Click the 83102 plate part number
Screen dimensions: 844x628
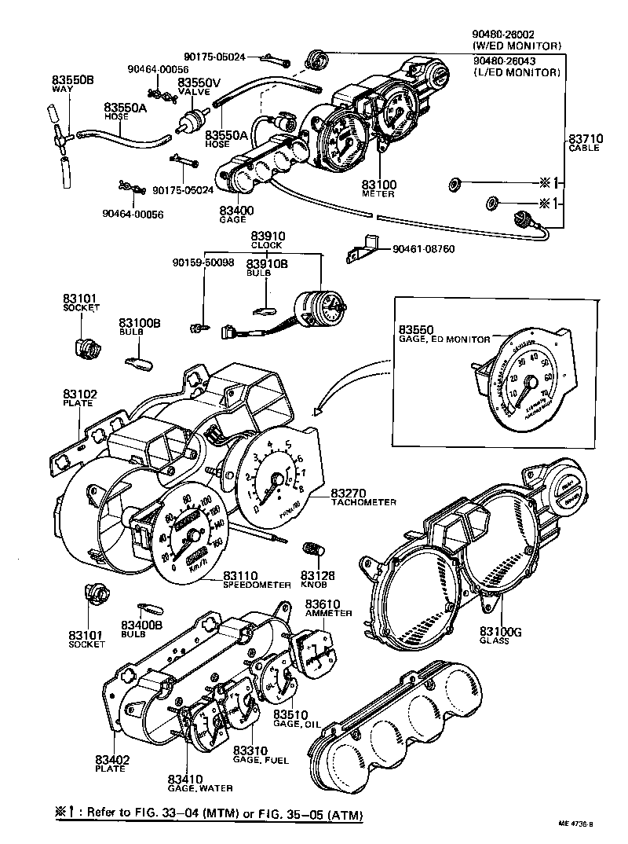(79, 394)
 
